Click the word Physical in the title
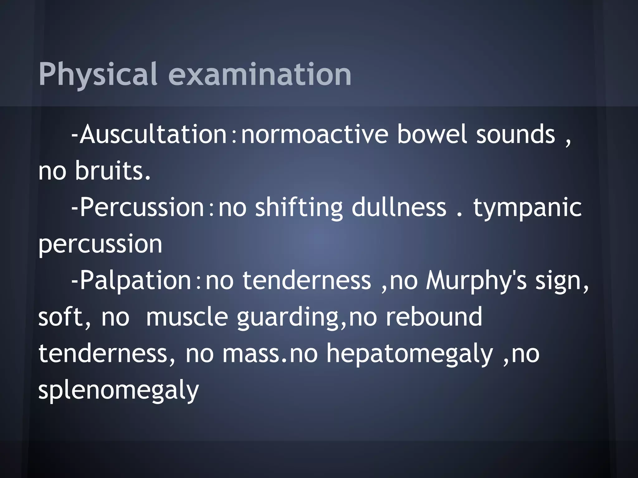click(98, 75)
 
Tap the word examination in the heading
click(260, 75)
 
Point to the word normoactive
click(315, 134)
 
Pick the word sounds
click(516, 134)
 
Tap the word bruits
click(113, 171)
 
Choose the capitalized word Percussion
click(142, 208)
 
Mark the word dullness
click(399, 208)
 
